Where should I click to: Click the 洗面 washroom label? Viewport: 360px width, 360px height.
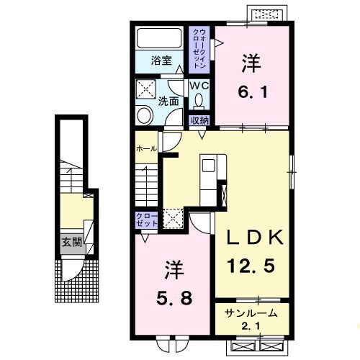169,102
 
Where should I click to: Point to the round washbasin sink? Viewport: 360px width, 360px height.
144,115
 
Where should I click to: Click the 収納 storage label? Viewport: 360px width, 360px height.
199,120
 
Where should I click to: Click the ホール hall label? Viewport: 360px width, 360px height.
147,148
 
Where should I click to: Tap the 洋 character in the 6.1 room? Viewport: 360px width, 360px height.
251,64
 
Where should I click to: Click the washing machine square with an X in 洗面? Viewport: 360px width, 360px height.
145,90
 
